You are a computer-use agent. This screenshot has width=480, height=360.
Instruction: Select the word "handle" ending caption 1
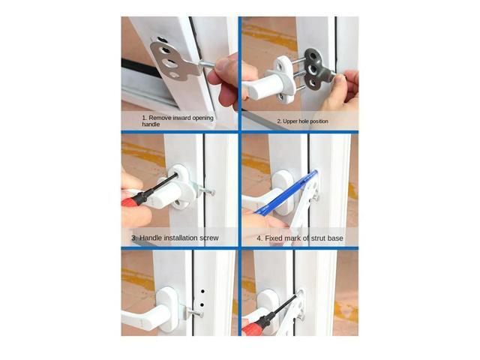point(152,125)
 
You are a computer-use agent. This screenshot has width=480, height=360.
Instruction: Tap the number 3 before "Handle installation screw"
point(133,238)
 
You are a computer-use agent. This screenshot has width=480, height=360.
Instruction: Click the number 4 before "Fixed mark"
point(259,238)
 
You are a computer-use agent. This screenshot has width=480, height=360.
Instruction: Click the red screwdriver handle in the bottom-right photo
point(253,324)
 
